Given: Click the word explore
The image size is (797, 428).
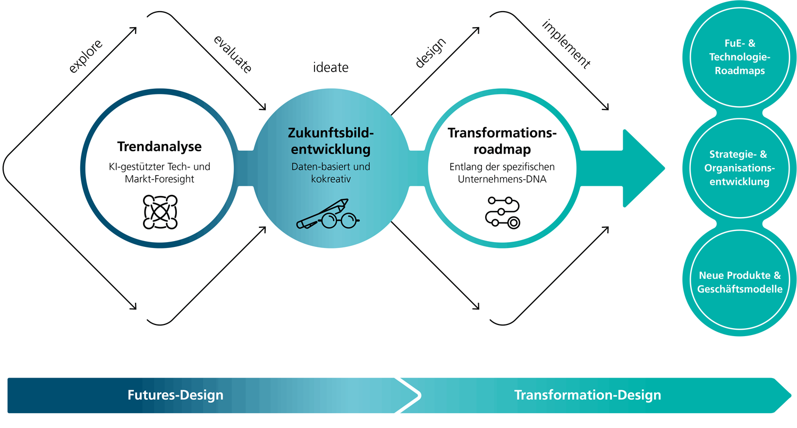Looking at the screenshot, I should [84, 56].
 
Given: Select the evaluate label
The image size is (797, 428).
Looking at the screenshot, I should [232, 54].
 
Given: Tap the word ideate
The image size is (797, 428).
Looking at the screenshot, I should [330, 68].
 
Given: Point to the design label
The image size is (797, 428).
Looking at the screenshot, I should [431, 53].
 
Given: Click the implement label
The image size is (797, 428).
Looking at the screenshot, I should [566, 45].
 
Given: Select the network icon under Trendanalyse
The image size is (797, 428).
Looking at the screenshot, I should [160, 212].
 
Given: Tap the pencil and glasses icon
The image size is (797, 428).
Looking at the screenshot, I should [329, 215].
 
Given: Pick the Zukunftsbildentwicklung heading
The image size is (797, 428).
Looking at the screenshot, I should [330, 141].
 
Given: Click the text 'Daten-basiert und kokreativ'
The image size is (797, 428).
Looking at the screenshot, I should [330, 173].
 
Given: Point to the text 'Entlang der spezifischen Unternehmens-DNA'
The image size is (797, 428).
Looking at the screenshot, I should [502, 173].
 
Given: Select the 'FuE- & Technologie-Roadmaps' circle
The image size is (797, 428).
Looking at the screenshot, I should [740, 57].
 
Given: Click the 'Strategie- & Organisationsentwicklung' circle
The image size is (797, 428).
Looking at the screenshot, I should [740, 168].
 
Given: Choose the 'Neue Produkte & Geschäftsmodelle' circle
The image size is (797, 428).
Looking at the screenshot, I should [740, 283].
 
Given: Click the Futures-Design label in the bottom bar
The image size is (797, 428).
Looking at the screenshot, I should [175, 395].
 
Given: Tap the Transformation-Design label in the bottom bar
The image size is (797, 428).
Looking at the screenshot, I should [588, 395].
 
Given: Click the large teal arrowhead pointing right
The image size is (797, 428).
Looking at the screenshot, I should [643, 168].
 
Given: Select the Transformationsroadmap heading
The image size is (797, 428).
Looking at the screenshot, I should [502, 141].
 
